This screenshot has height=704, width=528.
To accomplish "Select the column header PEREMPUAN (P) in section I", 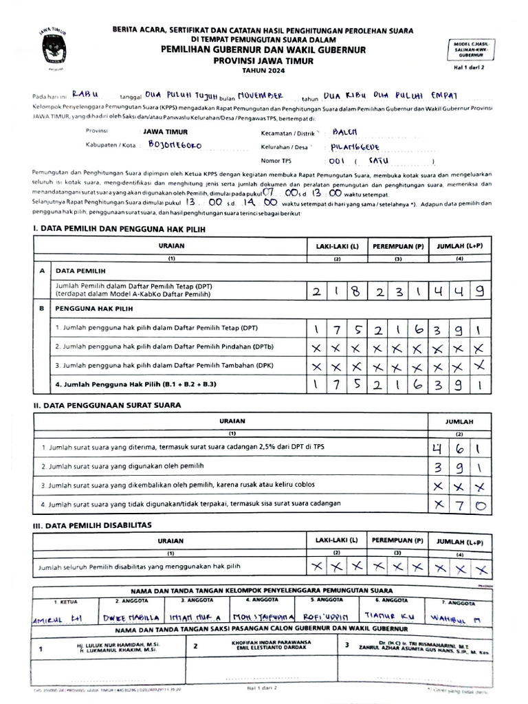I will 398,245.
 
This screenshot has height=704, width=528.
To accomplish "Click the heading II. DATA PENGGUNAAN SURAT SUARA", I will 108,405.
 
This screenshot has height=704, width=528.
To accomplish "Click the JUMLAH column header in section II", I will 458,421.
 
